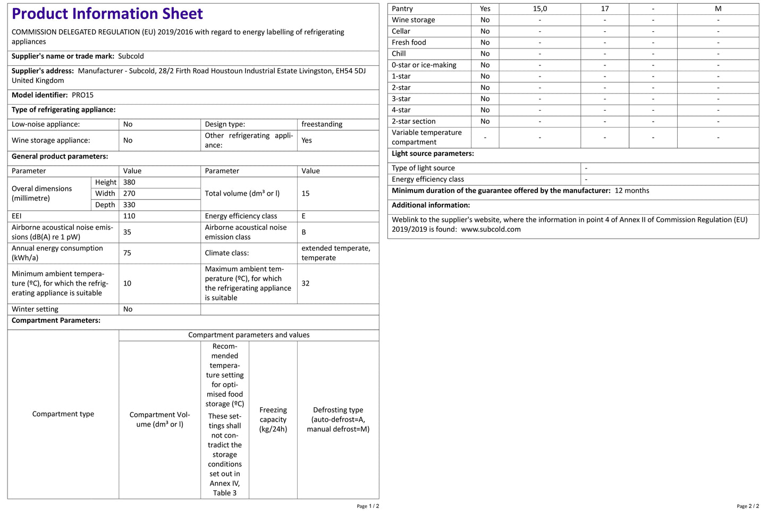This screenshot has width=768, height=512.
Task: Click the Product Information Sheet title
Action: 107,14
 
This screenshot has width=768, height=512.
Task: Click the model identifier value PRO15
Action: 82,95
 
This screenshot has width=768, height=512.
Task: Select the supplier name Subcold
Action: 131,56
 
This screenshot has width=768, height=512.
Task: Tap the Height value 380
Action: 129,182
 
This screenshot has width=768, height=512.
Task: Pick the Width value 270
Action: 129,194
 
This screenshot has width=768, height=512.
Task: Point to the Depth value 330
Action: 129,205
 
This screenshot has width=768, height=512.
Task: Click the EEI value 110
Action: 129,216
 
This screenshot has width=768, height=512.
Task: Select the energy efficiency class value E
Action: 303,216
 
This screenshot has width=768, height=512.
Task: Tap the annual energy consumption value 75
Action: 127,253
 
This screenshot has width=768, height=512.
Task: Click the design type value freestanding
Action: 322,124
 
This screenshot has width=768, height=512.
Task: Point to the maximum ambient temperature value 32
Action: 306,283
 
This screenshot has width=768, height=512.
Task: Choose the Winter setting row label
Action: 35,309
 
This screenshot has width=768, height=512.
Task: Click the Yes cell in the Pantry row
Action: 485,9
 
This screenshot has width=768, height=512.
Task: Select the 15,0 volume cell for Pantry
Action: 540,9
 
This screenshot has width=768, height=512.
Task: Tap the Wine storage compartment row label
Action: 413,20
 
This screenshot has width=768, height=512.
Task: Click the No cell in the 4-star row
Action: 485,110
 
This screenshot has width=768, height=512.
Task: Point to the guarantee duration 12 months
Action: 632,191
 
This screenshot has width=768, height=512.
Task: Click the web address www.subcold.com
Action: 491,230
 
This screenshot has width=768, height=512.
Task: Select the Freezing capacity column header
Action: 273,419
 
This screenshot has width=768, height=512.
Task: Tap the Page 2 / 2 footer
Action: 748,506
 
